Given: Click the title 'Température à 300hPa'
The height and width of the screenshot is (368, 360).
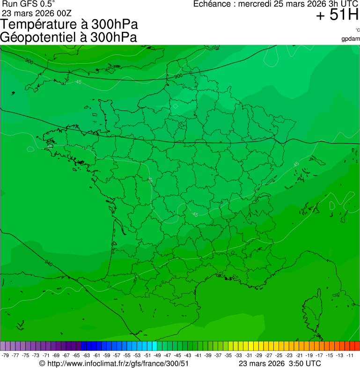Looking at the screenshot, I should point(69,24).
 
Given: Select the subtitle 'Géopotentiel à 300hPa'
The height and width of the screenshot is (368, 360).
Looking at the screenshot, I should point(68,37).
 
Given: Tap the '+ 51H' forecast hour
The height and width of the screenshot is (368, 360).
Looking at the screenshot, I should point(337,15).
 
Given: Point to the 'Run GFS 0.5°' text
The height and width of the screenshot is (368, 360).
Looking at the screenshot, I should point(29,4).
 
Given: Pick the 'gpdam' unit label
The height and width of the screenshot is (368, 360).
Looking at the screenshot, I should point(351,38).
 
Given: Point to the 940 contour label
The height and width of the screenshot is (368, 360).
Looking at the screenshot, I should point(49,263).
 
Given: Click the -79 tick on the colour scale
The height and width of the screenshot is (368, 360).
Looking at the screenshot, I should point(5,355).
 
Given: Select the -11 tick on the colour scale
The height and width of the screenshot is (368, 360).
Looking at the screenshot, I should point(350,355).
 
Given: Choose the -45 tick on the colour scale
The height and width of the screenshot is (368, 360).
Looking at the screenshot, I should point(177,355).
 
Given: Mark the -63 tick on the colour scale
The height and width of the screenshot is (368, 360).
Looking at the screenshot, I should point(86,355).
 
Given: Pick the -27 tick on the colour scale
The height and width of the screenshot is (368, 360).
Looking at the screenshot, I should point(269,355).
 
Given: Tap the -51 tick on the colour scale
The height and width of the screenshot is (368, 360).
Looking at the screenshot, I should point(147,355).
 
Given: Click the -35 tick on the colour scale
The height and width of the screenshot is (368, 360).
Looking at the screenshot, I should point(228,355).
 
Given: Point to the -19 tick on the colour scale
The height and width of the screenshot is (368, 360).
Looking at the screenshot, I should point(309,355).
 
